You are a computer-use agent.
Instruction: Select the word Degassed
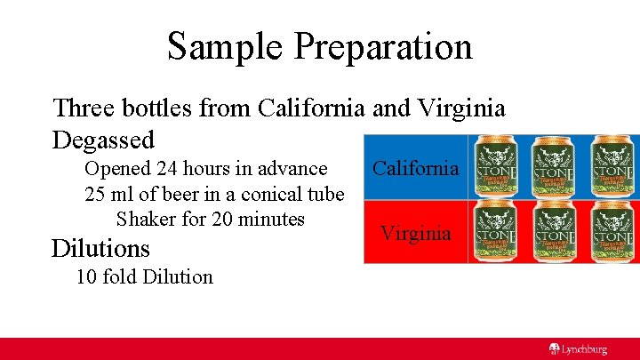pyautogui.click(x=103, y=140)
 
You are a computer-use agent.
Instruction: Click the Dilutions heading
pyautogui.click(x=100, y=246)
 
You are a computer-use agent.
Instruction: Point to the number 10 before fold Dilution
pyautogui.click(x=86, y=276)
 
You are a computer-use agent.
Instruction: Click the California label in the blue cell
pyautogui.click(x=415, y=168)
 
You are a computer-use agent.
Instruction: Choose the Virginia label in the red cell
pyautogui.click(x=415, y=233)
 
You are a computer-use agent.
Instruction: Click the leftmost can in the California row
pyautogui.click(x=497, y=167)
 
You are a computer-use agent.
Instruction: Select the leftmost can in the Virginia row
pyautogui.click(x=497, y=231)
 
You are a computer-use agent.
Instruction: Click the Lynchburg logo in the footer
pyautogui.click(x=577, y=349)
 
